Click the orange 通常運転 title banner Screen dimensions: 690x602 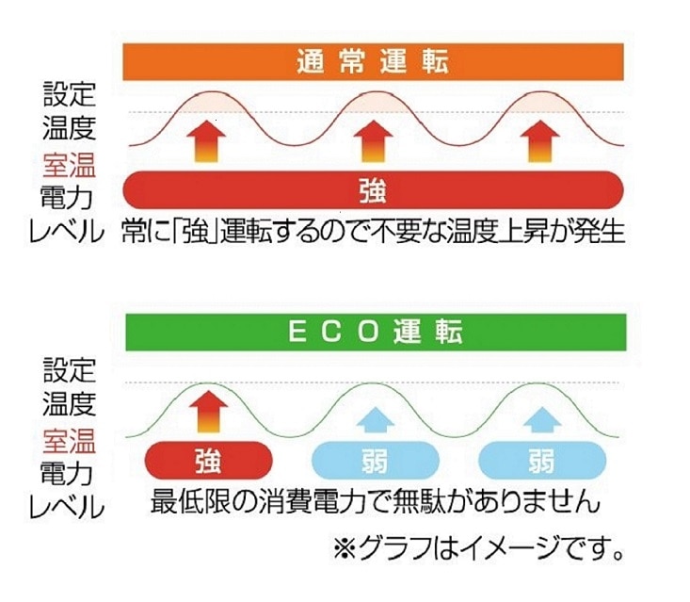[x=373, y=61]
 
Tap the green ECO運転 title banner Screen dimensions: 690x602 [x=376, y=333]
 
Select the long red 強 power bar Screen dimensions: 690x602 [x=373, y=189]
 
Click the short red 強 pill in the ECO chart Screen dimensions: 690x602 [x=209, y=460]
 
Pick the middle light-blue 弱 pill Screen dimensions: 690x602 [x=376, y=460]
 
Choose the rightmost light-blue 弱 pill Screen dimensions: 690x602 [x=542, y=460]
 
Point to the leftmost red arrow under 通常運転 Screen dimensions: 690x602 [x=206, y=142]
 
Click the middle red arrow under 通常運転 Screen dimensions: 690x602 [x=374, y=142]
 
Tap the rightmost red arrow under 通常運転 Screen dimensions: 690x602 [x=540, y=142]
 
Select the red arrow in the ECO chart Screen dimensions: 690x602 [x=209, y=413]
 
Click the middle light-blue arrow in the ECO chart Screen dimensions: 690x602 [x=376, y=419]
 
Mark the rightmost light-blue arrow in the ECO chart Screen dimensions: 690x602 [x=542, y=419]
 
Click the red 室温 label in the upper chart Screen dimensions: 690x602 [x=69, y=165]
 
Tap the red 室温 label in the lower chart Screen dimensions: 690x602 [x=69, y=441]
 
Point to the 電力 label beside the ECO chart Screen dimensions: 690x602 [x=67, y=474]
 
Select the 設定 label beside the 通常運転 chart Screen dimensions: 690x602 [x=69, y=94]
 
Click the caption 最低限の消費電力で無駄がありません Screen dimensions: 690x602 [x=376, y=501]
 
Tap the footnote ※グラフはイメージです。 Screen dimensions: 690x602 [x=478, y=548]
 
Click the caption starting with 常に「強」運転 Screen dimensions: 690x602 [x=373, y=231]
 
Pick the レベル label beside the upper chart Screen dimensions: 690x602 [x=67, y=231]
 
